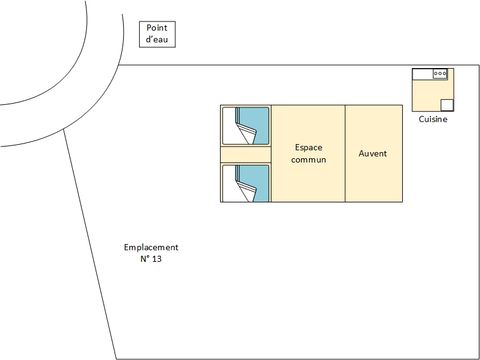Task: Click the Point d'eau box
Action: tap(157, 34)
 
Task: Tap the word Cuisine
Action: tap(433, 119)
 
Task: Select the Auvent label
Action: tap(373, 153)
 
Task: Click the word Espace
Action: tap(308, 148)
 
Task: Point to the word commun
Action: tap(308, 160)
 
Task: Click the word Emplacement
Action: tap(151, 247)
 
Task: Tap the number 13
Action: tap(156, 259)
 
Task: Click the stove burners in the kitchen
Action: tap(440, 73)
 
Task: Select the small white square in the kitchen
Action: tap(447, 105)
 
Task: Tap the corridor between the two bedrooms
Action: tap(246, 155)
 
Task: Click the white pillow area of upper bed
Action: tap(230, 126)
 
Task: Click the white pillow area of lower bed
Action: tap(230, 184)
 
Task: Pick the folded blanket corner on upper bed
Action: tap(247, 133)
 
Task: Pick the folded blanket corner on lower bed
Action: tap(247, 191)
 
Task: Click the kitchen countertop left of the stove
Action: tap(423, 74)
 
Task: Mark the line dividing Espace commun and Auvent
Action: tap(345, 153)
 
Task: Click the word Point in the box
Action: tap(157, 28)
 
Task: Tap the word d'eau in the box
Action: tap(157, 39)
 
